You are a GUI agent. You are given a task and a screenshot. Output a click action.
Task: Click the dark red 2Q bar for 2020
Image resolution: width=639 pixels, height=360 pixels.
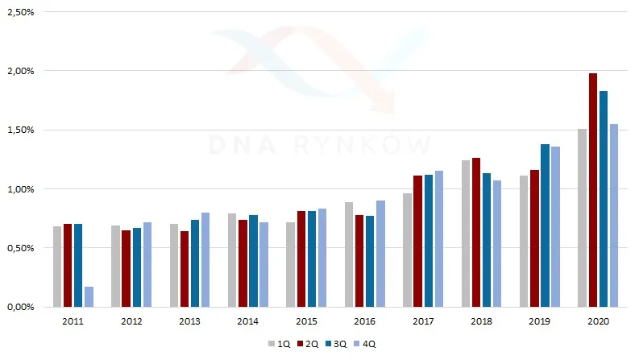click(592, 190)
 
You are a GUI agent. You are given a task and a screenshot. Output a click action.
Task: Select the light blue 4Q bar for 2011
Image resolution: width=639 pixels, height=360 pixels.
click(89, 297)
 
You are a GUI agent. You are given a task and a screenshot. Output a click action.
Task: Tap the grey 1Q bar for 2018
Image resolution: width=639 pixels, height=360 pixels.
click(466, 234)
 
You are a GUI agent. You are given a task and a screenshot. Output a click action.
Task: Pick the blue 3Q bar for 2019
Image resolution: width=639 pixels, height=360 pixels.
click(545, 226)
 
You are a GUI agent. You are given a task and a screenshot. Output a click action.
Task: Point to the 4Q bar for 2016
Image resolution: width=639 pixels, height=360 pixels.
click(380, 254)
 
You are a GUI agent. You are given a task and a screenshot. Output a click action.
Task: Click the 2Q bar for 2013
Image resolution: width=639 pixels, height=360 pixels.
click(185, 269)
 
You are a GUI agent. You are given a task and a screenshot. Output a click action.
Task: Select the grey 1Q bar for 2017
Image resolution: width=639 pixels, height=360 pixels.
click(407, 250)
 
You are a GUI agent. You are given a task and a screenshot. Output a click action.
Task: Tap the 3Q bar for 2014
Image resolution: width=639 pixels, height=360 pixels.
click(254, 261)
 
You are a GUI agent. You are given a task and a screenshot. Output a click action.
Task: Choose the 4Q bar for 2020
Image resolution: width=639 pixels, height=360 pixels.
click(614, 215)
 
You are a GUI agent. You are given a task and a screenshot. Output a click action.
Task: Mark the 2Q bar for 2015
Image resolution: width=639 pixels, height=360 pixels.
click(301, 259)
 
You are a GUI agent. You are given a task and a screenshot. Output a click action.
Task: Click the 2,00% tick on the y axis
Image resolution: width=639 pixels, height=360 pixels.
click(20, 71)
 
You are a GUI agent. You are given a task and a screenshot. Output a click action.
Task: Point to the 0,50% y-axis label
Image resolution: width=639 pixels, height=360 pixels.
click(20, 248)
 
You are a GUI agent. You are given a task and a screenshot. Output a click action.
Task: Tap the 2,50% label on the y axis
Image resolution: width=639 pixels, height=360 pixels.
click(20, 12)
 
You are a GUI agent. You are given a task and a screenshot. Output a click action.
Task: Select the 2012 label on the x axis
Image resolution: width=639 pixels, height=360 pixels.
click(131, 321)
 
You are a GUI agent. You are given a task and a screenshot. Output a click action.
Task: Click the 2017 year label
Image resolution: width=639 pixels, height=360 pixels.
click(423, 321)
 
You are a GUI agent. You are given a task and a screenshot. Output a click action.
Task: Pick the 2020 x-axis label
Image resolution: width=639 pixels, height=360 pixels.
click(598, 321)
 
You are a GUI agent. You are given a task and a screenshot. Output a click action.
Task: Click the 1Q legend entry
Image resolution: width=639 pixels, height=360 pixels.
click(279, 344)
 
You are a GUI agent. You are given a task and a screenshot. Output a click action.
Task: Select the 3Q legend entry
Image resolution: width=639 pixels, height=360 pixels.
click(336, 344)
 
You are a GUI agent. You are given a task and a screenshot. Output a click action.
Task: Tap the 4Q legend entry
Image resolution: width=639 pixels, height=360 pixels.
click(364, 344)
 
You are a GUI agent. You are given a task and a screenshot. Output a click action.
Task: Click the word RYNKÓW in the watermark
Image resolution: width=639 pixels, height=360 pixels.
click(363, 144)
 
